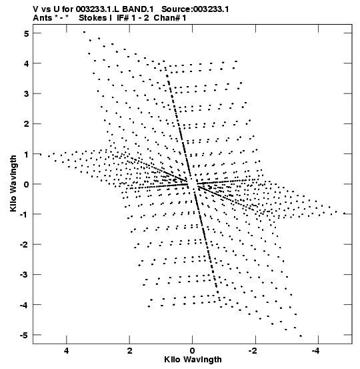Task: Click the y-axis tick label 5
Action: coord(27,33)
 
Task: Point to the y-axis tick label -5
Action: coord(24,335)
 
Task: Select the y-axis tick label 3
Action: coord(27,94)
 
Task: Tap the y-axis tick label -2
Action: coord(24,245)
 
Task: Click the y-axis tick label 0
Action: coord(27,184)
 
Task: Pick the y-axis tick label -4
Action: coord(24,305)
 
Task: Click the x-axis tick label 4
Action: coord(67,351)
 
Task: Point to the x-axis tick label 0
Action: coord(193,351)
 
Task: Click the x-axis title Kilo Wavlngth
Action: coord(193,360)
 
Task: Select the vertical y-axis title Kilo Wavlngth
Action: coord(13,183)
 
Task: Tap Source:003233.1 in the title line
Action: coord(195,9)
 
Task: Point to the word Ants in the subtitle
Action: coord(42,18)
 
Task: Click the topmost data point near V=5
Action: coord(84,32)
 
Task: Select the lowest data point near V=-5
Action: coord(301,336)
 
